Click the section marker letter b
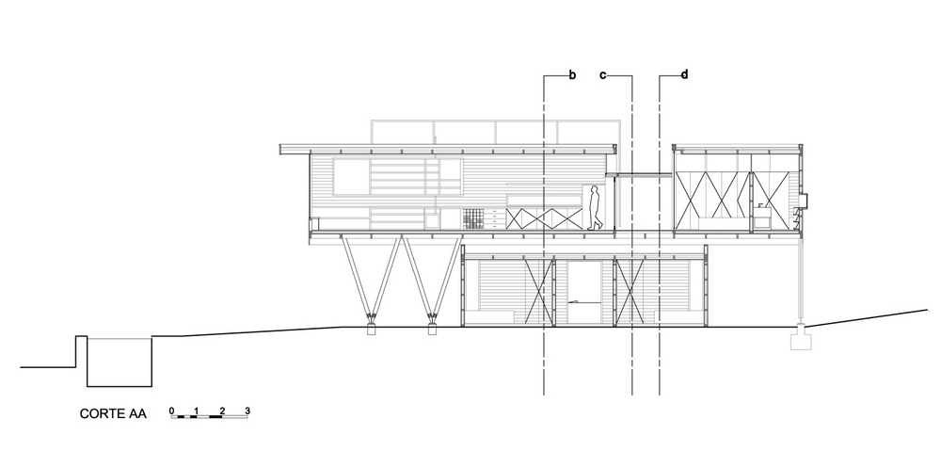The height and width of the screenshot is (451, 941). click(572, 75)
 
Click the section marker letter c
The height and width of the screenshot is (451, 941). click(603, 75)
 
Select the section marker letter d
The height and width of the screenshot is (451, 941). click(684, 74)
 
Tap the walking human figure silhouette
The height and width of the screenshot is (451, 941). click(595, 208)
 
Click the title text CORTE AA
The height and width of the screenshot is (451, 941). click(113, 413)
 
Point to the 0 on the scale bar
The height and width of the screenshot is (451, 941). click(171, 411)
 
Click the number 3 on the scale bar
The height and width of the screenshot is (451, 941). click(247, 411)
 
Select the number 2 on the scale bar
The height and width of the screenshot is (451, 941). click(222, 411)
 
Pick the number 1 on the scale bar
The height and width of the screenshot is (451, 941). click(197, 411)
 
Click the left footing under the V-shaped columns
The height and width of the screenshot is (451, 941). click(371, 330)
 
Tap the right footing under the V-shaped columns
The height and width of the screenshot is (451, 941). click(432, 330)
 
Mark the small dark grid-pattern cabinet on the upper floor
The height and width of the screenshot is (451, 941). click(473, 218)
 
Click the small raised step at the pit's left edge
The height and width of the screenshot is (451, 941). click(81, 351)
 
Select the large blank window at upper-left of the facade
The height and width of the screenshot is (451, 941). click(352, 177)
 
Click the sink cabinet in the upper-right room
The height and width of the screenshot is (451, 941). click(762, 217)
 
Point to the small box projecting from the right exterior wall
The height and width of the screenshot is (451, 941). click(805, 200)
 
